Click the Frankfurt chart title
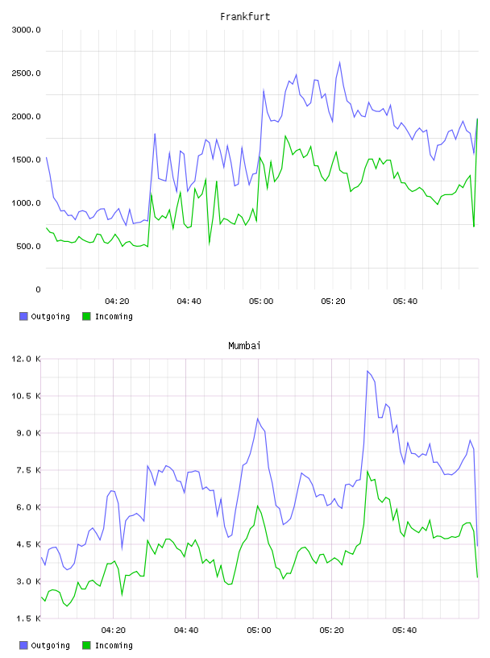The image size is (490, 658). [245, 17]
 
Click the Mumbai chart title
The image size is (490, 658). [244, 346]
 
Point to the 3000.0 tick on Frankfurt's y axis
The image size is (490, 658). [26, 30]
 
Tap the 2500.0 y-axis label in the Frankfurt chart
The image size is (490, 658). [26, 73]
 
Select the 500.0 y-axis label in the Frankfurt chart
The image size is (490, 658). [28, 246]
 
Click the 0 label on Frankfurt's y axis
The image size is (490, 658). [38, 289]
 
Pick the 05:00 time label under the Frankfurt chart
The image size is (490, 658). [261, 302]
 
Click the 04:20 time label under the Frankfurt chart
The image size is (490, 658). [117, 302]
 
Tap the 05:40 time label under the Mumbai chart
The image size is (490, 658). [405, 631]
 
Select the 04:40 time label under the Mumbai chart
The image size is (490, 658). [186, 631]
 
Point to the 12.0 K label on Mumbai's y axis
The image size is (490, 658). [26, 359]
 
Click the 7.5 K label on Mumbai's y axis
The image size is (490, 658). [28, 470]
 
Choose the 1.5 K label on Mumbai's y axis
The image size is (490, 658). [28, 618]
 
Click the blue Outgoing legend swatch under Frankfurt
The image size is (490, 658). [23, 316]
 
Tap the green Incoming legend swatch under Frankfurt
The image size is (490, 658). [86, 316]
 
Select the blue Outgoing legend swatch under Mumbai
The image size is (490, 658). [23, 645]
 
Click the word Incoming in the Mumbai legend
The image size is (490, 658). [114, 645]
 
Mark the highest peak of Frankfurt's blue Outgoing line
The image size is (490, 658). [340, 62]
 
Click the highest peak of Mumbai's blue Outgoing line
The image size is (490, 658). [367, 371]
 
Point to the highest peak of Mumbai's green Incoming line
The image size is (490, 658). [367, 471]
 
